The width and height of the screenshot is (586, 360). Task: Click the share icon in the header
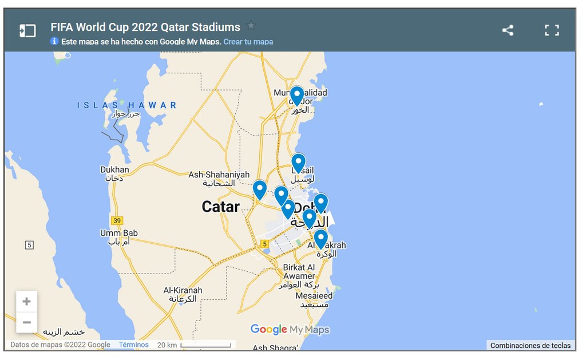pos(508,30)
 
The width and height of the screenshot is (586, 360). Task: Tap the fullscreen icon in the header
pos(552,30)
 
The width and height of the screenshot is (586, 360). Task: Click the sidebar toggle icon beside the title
pos(27,30)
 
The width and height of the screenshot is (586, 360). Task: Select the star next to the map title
pos(251,26)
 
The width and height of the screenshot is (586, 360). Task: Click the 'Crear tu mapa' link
pos(248,42)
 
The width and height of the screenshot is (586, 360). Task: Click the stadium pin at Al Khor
pos(296,96)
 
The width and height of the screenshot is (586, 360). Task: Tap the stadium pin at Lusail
pos(298,163)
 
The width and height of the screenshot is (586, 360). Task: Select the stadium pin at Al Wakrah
pos(320,238)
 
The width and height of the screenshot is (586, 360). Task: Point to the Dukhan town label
pos(114,170)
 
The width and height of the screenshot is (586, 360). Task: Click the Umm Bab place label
pos(119,234)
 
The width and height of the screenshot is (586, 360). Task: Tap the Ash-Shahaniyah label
pos(219,175)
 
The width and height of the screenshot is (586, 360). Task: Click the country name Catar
pos(220,207)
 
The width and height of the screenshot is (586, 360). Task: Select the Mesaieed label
pos(314,296)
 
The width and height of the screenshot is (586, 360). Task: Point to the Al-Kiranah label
pos(183,291)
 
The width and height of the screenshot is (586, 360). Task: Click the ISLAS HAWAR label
pos(127,105)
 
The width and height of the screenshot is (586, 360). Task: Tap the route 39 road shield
pos(117,220)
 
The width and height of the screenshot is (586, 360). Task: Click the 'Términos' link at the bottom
pos(134,345)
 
